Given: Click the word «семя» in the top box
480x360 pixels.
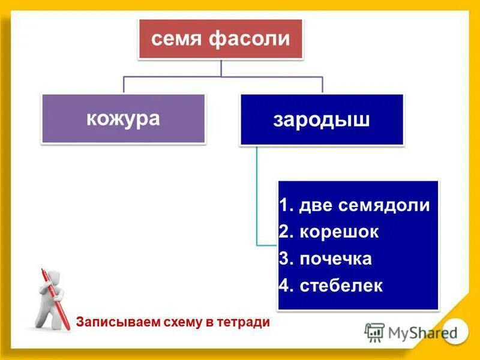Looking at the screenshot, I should (x=176, y=40).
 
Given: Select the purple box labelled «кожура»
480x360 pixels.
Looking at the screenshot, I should (x=124, y=118).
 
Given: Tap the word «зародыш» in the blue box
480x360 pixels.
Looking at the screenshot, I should (x=322, y=119).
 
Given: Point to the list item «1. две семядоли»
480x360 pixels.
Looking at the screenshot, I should (x=355, y=205).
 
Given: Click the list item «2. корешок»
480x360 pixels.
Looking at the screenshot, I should (x=329, y=232).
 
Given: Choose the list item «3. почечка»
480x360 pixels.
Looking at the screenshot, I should (x=325, y=259).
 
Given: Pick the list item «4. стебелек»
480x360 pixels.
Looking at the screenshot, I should (x=331, y=286).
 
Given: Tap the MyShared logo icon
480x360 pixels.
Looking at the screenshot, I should (x=374, y=332).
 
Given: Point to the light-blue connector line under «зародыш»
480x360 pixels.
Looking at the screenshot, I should (x=257, y=198).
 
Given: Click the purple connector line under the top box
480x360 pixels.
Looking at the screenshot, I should (x=222, y=76).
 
